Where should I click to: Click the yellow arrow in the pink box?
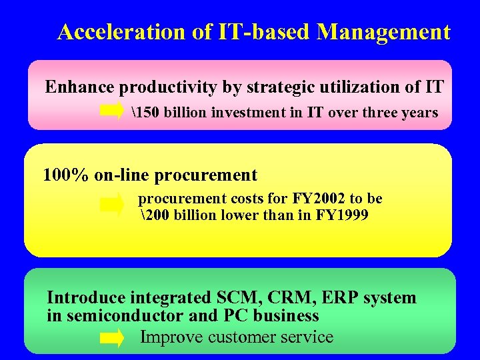tap(112, 111)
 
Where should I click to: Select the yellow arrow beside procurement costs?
tap(112, 205)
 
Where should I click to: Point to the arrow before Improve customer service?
tap(112, 337)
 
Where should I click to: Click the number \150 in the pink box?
tap(146, 112)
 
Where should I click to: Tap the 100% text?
tap(65, 175)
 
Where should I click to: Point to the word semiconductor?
tap(117, 315)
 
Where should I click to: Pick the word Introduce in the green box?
tap(87, 297)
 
